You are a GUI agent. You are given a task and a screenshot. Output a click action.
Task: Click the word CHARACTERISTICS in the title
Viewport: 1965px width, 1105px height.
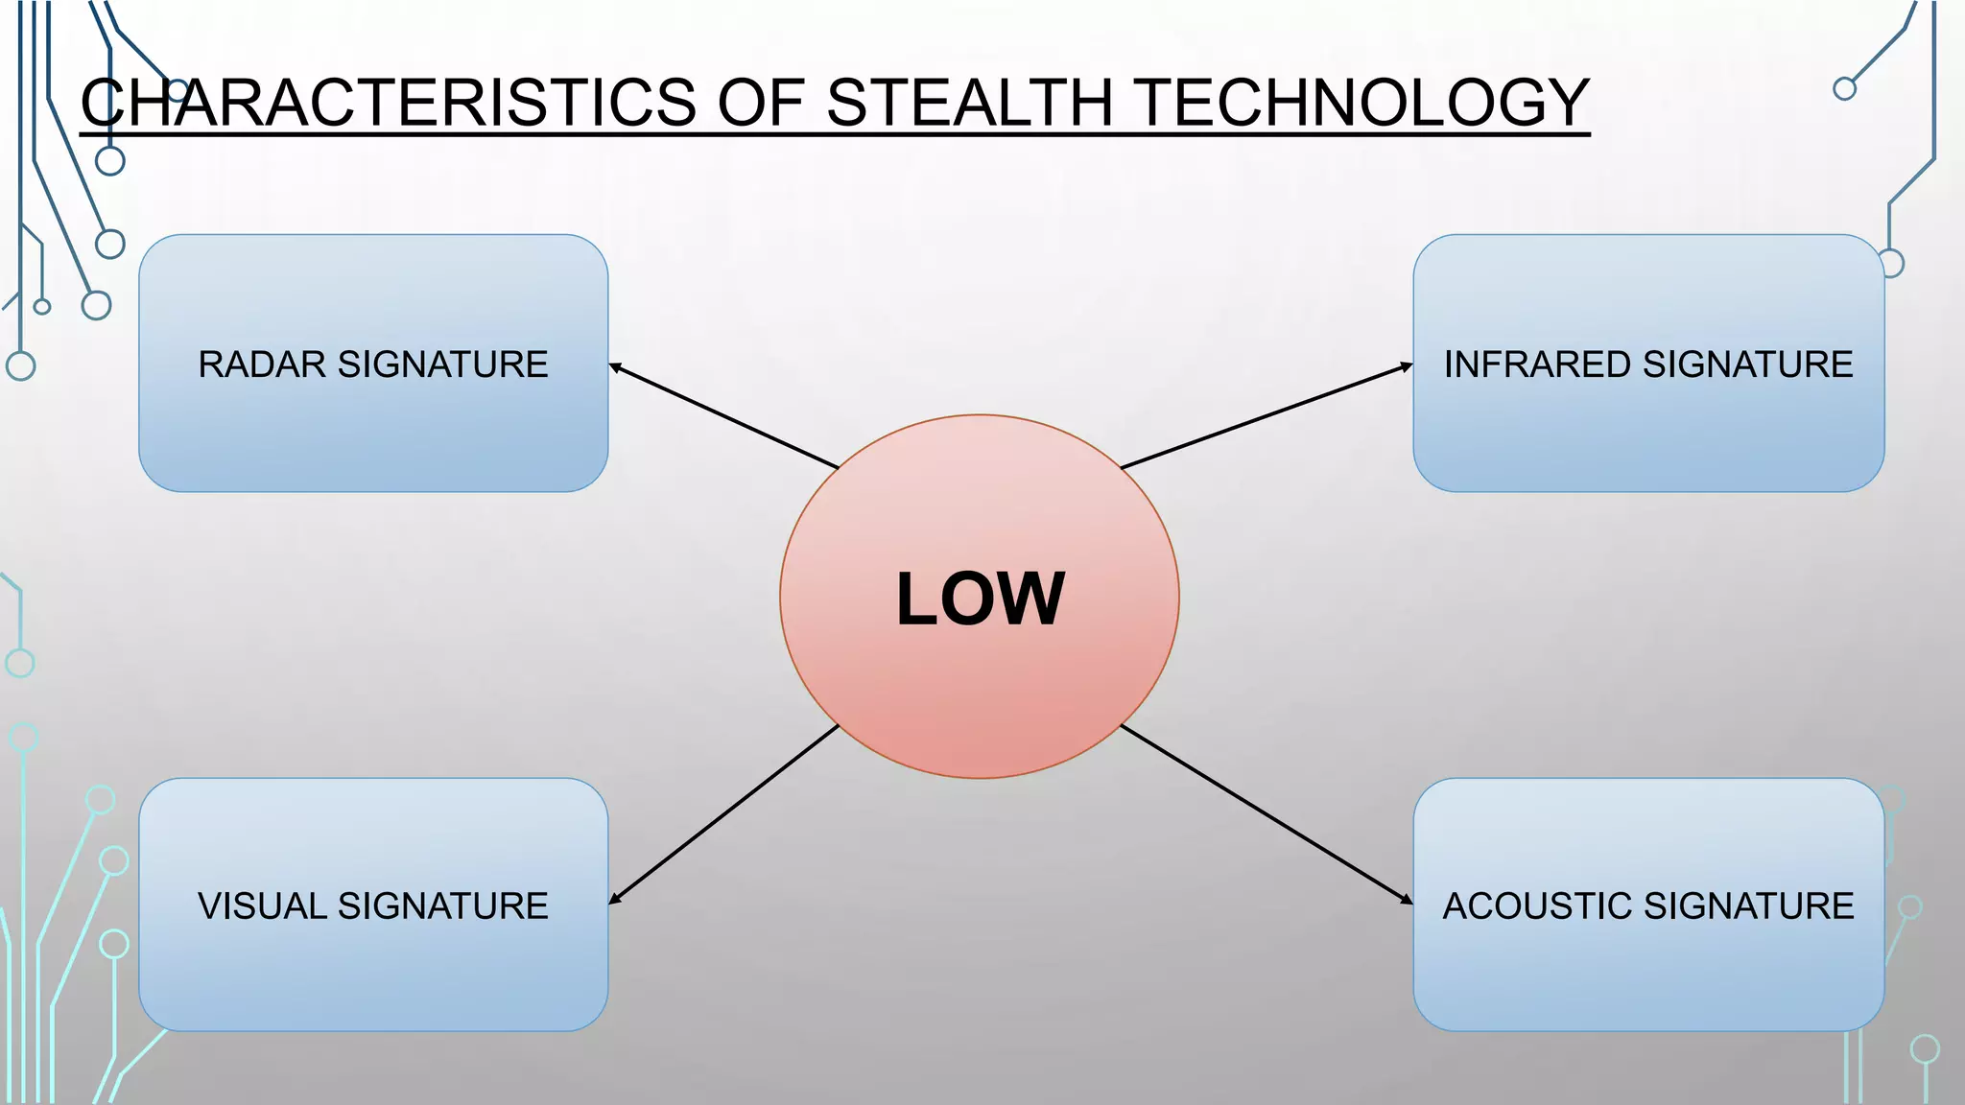click(x=389, y=103)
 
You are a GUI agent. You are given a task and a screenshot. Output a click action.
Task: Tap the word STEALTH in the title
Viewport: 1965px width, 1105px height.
click(x=968, y=103)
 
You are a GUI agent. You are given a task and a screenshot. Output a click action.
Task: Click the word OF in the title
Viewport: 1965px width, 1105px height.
click(x=760, y=103)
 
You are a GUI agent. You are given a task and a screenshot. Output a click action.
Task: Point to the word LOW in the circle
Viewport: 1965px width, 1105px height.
click(x=980, y=600)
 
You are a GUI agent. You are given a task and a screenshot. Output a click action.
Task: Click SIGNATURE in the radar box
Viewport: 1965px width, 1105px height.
click(x=443, y=364)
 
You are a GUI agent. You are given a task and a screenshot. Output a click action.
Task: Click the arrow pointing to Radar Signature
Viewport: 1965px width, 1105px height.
click(x=724, y=416)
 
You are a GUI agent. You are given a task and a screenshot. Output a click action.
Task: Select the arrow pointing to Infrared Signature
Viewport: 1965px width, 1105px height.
click(x=1267, y=416)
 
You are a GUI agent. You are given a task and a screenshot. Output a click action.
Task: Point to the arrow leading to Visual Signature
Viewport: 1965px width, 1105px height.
click(x=724, y=814)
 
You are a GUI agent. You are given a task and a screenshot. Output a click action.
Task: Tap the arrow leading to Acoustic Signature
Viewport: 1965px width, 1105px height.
click(x=1267, y=814)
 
